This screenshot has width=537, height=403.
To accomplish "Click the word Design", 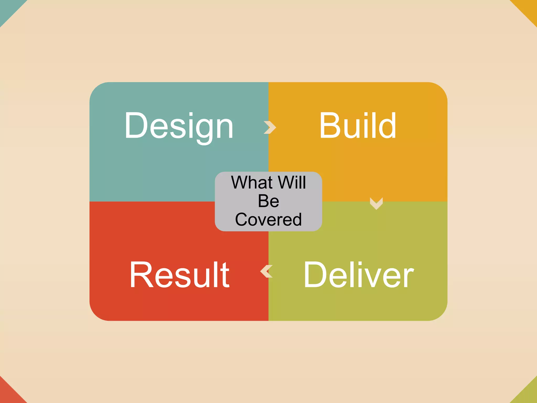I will pos(179,126).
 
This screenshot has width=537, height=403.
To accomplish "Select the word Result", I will pos(180,275).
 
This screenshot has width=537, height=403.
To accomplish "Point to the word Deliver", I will pos(359,275).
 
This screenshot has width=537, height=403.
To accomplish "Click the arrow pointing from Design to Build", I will pos(270,128).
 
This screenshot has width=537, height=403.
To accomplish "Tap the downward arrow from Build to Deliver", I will pos(376,203).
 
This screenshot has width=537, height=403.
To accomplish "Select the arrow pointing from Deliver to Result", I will pos(266,271).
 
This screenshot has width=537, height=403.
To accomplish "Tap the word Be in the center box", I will pos(268,201).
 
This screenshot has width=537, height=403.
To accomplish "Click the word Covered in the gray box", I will pos(268,220).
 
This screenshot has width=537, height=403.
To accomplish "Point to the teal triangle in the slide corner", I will pos(8,8).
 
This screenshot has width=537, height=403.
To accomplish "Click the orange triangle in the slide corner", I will pos(529,8).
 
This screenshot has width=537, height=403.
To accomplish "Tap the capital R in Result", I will pos(140,275).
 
